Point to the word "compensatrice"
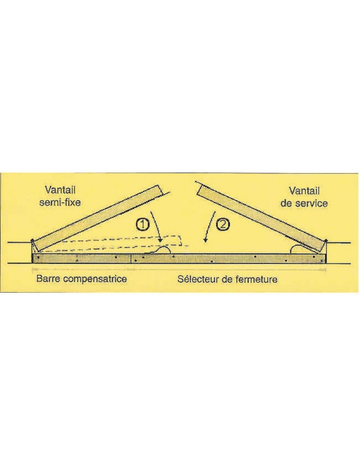(x=92, y=279)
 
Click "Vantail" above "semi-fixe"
(x=60, y=190)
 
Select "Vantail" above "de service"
(x=304, y=191)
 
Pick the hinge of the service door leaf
(x=326, y=241)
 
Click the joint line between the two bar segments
(x=131, y=258)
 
